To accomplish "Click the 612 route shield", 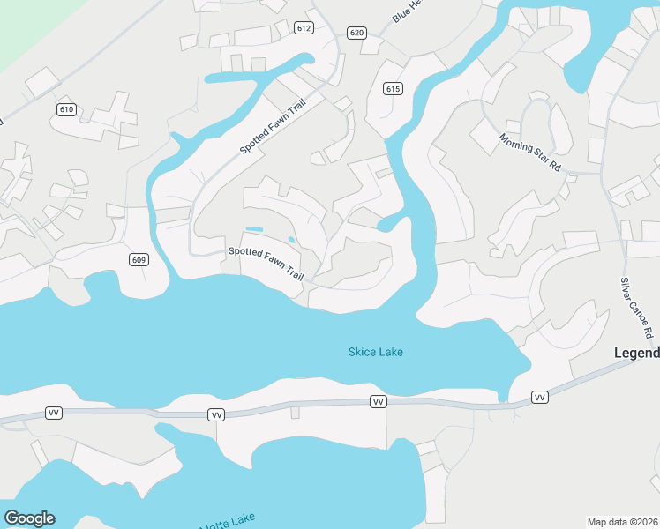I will tap(304, 28).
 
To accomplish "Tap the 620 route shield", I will tap(356, 33).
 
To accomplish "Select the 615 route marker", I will tap(394, 88).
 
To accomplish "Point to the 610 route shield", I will tap(66, 109).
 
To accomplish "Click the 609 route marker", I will tap(138, 259).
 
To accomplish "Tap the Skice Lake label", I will tap(375, 353).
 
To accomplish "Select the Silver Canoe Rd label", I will tap(636, 308).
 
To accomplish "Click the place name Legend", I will tap(636, 354).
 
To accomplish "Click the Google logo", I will tap(29, 518).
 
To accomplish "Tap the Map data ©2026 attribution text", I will tap(622, 522).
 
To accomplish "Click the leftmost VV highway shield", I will tap(53, 414).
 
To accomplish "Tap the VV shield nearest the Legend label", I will tap(540, 399).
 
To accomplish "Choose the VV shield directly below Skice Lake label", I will tap(379, 402).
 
